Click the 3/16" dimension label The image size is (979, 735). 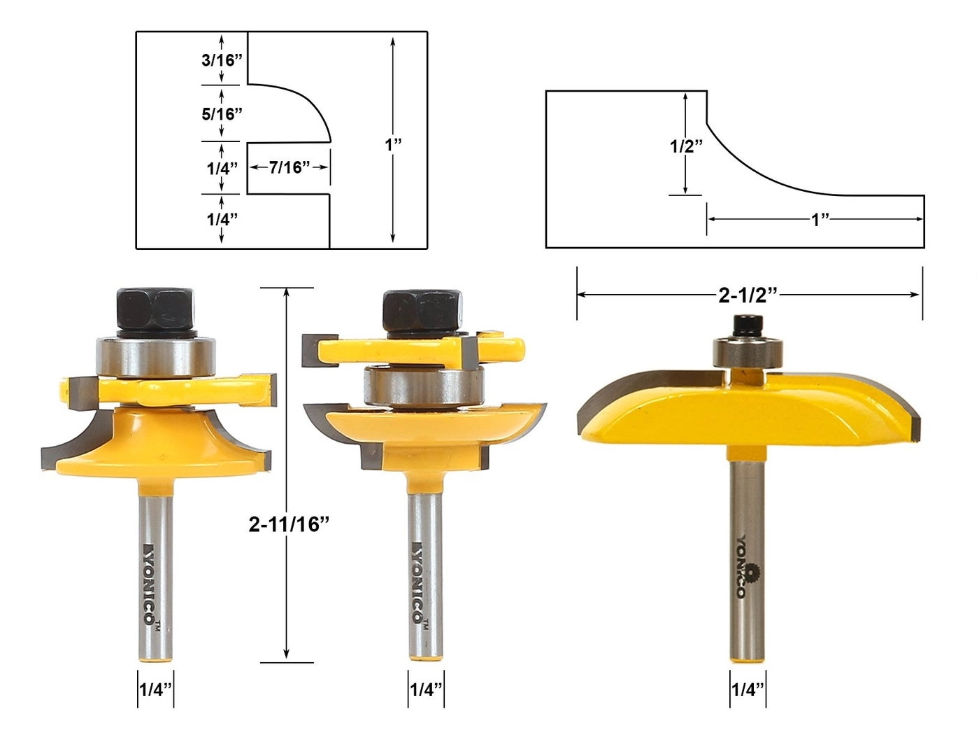[x=222, y=60]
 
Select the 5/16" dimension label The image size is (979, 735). [x=222, y=113]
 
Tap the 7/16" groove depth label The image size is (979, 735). [x=289, y=167]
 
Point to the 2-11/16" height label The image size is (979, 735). [x=288, y=524]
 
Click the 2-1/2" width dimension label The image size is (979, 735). [x=748, y=295]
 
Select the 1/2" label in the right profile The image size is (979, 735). [x=686, y=146]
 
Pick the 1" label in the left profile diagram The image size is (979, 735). [x=393, y=145]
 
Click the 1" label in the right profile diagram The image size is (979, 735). [x=820, y=220]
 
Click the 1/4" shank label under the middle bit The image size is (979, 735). [x=425, y=689]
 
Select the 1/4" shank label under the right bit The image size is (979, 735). [x=747, y=689]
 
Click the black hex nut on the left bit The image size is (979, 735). [x=155, y=309]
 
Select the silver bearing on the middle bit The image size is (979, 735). [x=422, y=387]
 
